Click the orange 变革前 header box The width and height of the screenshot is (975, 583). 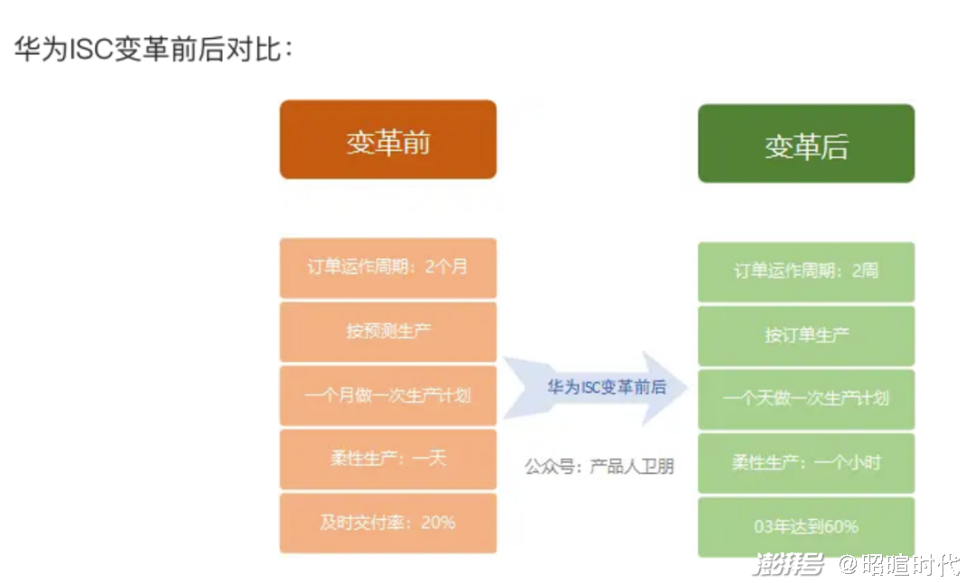388,140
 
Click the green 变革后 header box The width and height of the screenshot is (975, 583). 806,143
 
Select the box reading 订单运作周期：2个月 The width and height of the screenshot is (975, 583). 388,268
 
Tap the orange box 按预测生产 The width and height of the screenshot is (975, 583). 388,332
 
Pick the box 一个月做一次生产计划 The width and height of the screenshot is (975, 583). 388,396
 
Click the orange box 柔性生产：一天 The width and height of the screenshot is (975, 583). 388,459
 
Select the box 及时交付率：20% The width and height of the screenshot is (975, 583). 388,523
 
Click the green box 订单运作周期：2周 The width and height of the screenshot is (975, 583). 806,272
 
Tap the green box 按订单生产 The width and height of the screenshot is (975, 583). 806,336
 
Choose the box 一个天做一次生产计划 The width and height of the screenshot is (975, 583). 806,400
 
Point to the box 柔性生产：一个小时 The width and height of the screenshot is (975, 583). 806,463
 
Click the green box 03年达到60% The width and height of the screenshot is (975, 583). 806,527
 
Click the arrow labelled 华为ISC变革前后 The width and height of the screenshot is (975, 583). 596,388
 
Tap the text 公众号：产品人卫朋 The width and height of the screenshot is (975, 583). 599,467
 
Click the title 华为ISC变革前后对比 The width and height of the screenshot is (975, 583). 153,49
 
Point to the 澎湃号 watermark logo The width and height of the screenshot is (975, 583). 788,564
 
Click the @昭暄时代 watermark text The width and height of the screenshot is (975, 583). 899,564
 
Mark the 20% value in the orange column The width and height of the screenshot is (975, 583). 439,523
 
